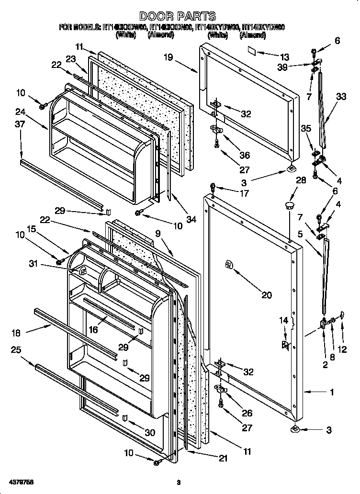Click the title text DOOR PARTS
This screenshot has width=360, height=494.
point(178,16)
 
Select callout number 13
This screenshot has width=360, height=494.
point(285,56)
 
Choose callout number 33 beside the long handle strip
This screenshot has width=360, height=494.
point(341,96)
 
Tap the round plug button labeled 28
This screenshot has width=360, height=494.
point(289,206)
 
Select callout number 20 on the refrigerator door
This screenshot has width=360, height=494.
point(266,295)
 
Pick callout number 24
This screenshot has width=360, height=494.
point(20,113)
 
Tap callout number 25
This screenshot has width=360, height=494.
point(16,350)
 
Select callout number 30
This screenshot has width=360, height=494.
point(150,432)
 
